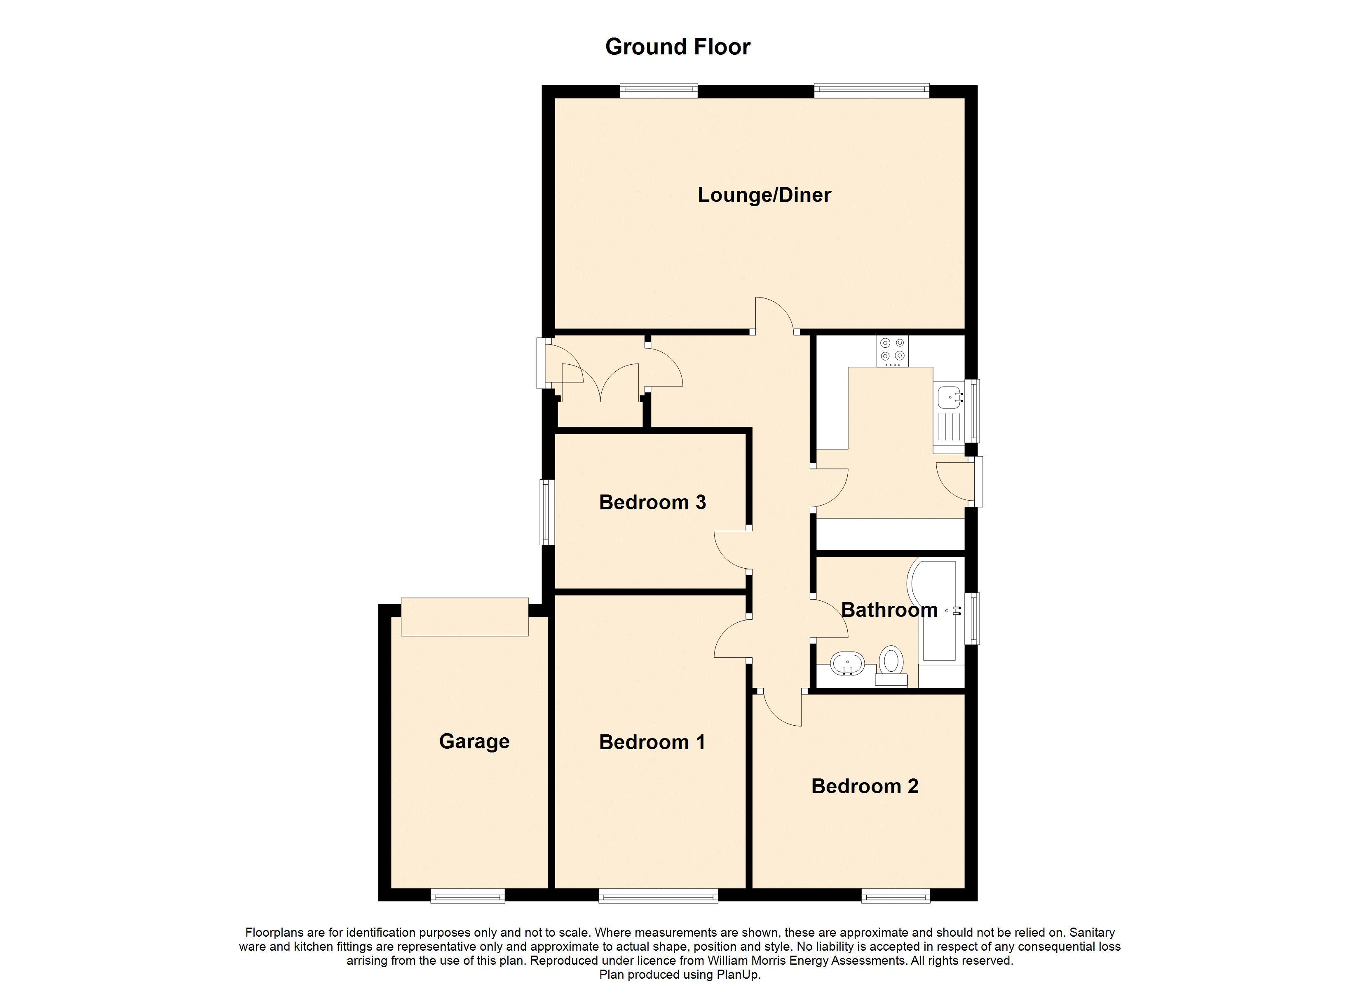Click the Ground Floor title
[678, 47]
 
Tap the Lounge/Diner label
[764, 195]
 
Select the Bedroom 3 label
[652, 502]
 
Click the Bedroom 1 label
[652, 742]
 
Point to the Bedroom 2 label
[865, 786]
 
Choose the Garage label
[474, 741]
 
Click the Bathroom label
[889, 610]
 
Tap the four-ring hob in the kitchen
[892, 350]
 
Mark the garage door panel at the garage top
[465, 616]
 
